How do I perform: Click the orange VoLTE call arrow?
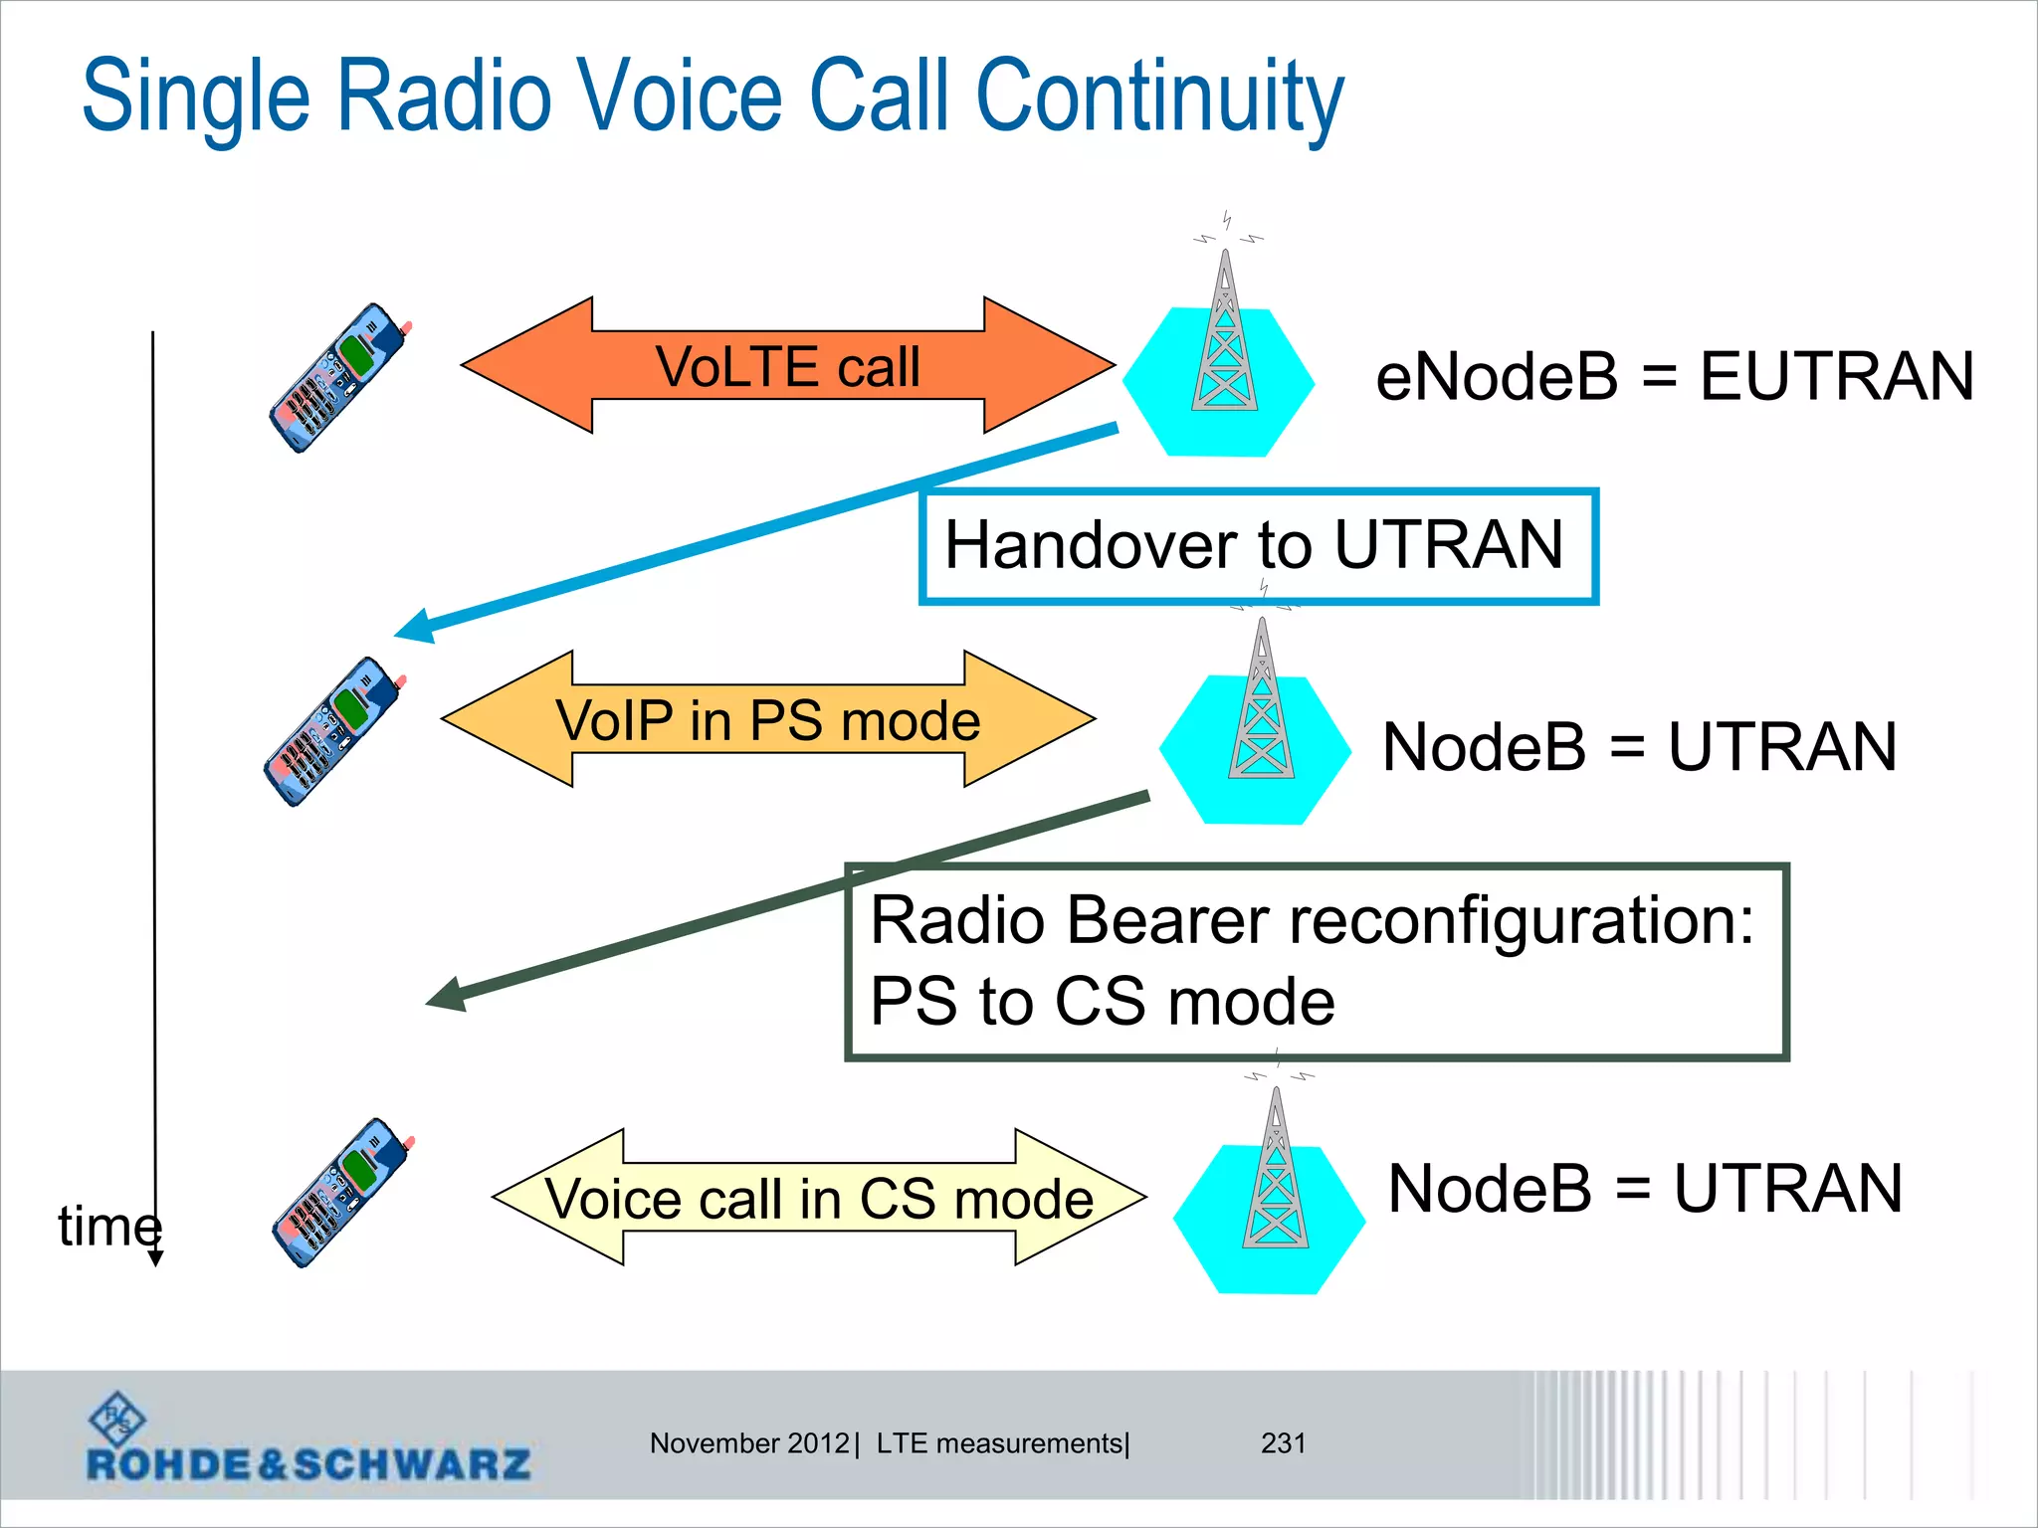[x=787, y=365]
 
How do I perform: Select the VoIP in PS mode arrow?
[x=767, y=719]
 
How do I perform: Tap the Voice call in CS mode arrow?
[x=819, y=1197]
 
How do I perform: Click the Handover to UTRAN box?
[x=1258, y=546]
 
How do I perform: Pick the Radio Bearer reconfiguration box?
[x=1316, y=961]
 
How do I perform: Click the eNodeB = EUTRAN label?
[x=1674, y=377]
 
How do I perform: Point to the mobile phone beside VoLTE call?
[x=339, y=378]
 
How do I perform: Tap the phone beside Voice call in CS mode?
[x=341, y=1192]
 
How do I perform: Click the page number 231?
[x=1283, y=1442]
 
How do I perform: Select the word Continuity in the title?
[x=1159, y=96]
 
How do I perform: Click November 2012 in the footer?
[x=748, y=1442]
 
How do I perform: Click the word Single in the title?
[x=196, y=96]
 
